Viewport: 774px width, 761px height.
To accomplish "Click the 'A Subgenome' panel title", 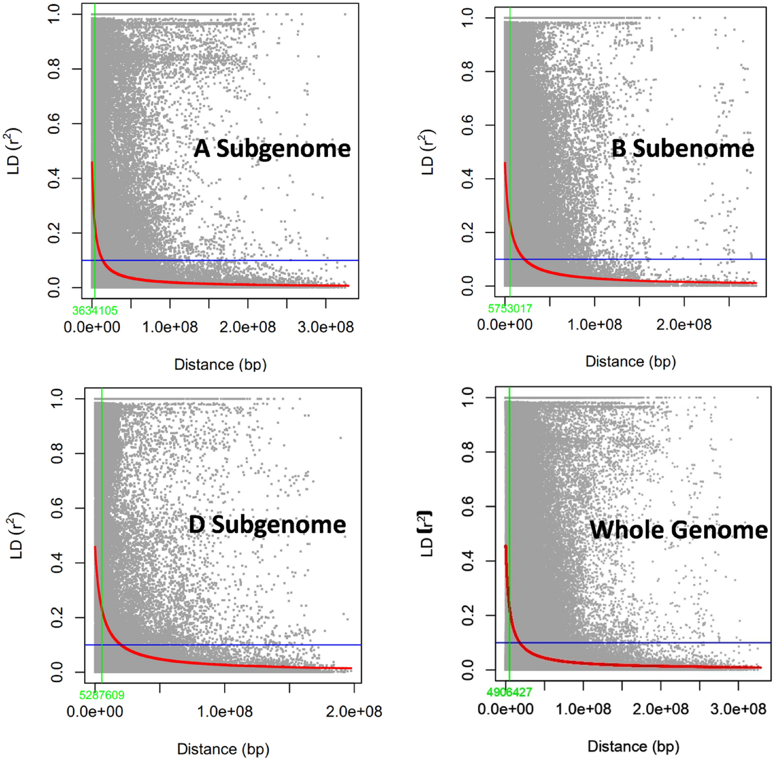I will (x=272, y=149).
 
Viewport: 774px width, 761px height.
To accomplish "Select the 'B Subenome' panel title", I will (x=682, y=149).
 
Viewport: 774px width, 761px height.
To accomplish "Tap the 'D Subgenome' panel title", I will (x=267, y=524).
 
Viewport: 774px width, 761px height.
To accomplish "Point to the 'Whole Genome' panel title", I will (x=678, y=530).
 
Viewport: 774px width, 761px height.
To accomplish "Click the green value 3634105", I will (x=95, y=311).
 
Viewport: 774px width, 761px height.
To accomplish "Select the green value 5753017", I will (x=509, y=309).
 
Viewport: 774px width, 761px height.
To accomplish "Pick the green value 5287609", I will (x=102, y=695).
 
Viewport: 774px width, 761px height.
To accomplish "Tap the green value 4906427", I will (x=509, y=693).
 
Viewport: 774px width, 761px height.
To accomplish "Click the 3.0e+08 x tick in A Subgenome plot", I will (x=326, y=327).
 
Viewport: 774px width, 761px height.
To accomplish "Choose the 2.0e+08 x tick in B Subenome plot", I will (x=684, y=325).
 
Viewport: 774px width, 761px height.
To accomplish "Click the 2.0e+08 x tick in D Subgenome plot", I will (x=354, y=712).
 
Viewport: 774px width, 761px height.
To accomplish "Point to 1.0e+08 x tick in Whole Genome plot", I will (x=583, y=709).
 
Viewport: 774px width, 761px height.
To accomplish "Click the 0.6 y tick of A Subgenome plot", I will (x=54, y=123).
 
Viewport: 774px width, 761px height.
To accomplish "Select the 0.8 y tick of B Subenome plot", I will (x=468, y=72).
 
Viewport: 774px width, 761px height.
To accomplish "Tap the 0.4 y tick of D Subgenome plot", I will (x=57, y=563).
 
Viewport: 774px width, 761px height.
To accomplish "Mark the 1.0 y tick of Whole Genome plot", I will (x=468, y=397).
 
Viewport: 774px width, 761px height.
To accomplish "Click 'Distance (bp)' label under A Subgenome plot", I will (x=220, y=365).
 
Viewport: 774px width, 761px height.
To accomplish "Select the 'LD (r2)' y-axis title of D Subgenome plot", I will (x=16, y=535).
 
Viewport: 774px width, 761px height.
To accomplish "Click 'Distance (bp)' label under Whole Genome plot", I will (x=633, y=747).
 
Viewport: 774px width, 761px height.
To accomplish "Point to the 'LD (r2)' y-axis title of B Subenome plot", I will (x=427, y=152).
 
